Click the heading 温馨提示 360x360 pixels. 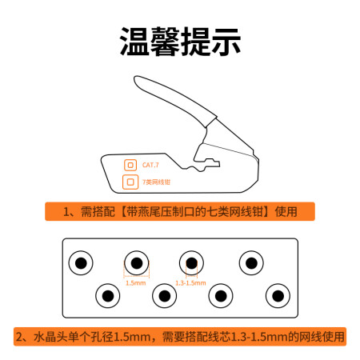(x=180, y=42)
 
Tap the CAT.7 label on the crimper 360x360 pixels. (x=150, y=165)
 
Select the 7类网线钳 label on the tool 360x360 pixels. (x=156, y=182)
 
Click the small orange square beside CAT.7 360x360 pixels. (x=130, y=166)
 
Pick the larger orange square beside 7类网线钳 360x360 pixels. (x=130, y=182)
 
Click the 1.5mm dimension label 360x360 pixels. (x=136, y=283)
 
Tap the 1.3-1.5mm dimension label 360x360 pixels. (x=190, y=283)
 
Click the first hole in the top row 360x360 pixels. (x=81, y=263)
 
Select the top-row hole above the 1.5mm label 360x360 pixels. (x=137, y=263)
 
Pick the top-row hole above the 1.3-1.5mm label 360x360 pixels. (x=191, y=263)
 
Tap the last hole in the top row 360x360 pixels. (x=251, y=263)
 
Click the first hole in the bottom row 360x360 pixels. (x=108, y=296)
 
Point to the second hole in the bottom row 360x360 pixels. (x=165, y=296)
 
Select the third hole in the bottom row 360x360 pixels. (x=221, y=296)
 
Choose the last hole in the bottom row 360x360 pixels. (x=278, y=296)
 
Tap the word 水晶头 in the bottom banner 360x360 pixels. (x=50, y=337)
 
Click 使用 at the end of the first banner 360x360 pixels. (x=286, y=212)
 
